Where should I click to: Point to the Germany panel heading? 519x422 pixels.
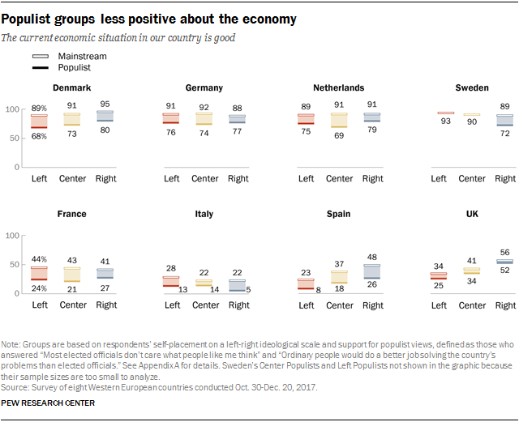pos(204,87)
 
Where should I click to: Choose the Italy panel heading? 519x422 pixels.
pos(204,214)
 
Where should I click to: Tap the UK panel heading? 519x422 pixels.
pos(474,214)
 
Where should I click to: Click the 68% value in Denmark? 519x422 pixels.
pos(40,135)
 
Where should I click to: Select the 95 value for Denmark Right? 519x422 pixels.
pos(105,104)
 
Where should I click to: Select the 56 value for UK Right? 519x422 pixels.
pos(504,252)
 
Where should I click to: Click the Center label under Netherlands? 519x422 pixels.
pos(339,178)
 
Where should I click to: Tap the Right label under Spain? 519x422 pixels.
pos(372,305)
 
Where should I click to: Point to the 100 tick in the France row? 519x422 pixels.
pos(13,236)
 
